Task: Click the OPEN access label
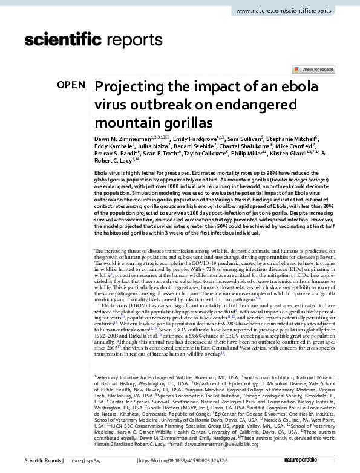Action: pyautogui.click(x=71, y=85)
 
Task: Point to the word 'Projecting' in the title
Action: pyautogui.click(x=129, y=86)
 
